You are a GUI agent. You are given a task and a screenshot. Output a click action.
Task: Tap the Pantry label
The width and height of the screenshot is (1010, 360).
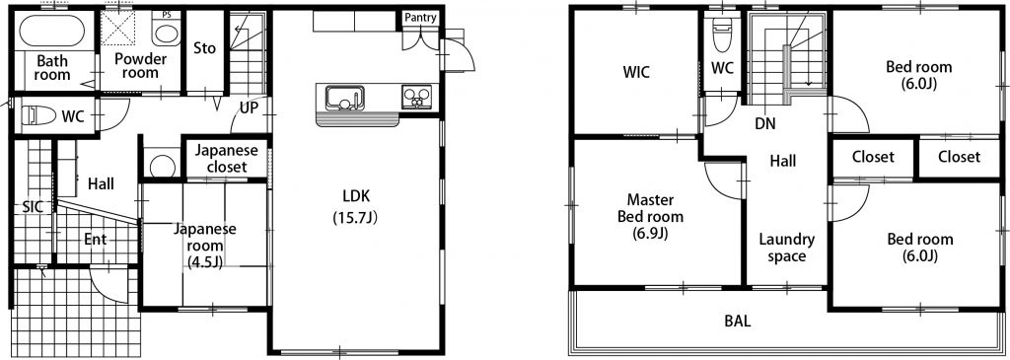[420, 18]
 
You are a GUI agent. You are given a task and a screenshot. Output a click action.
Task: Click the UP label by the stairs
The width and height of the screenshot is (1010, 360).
[249, 108]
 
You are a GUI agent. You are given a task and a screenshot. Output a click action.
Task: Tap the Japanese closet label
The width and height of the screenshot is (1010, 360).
[226, 159]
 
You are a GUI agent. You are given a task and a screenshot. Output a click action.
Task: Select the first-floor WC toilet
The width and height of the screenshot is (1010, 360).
[38, 116]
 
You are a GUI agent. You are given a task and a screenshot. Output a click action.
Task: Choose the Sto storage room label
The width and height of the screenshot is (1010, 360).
[205, 48]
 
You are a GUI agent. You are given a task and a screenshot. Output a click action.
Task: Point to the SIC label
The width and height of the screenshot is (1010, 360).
[33, 207]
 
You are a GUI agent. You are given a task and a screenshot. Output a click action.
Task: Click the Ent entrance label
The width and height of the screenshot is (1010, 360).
[96, 240]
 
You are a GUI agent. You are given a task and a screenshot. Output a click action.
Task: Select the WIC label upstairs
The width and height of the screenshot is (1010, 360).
[636, 71]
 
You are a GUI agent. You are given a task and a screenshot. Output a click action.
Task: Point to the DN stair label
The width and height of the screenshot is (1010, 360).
[765, 123]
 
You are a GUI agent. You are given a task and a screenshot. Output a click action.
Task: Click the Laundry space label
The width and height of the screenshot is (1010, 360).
[786, 248]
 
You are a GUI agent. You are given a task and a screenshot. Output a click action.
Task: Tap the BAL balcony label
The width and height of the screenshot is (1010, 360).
[738, 321]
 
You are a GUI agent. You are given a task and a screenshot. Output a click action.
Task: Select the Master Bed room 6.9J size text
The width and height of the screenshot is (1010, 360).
[651, 233]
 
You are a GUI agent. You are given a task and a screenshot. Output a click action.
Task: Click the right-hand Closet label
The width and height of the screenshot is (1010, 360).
[959, 157]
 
